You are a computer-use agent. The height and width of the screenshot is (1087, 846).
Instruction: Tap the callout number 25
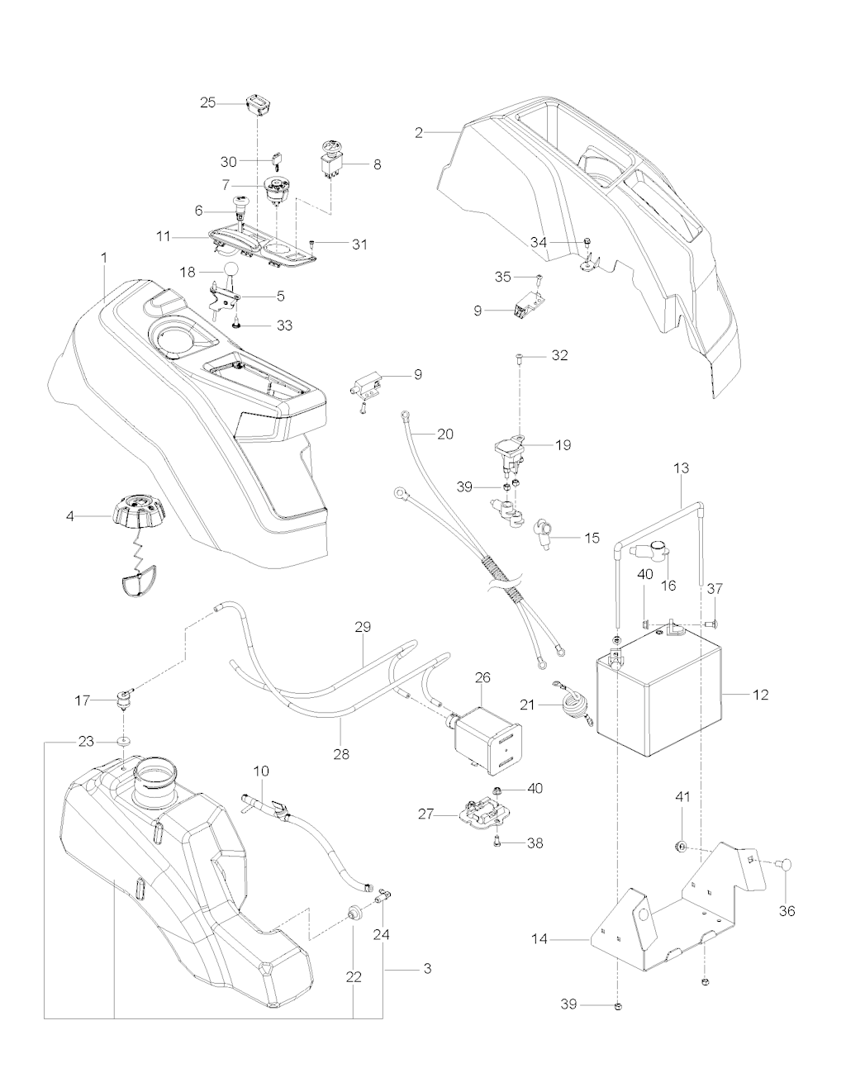(x=208, y=102)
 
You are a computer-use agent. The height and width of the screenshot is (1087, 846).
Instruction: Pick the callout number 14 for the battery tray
(x=562, y=939)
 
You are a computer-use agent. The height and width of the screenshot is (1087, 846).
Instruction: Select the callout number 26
(x=482, y=677)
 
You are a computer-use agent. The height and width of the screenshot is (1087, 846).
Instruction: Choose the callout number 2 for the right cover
(x=419, y=131)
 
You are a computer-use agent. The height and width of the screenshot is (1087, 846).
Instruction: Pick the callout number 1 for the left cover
(x=105, y=258)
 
